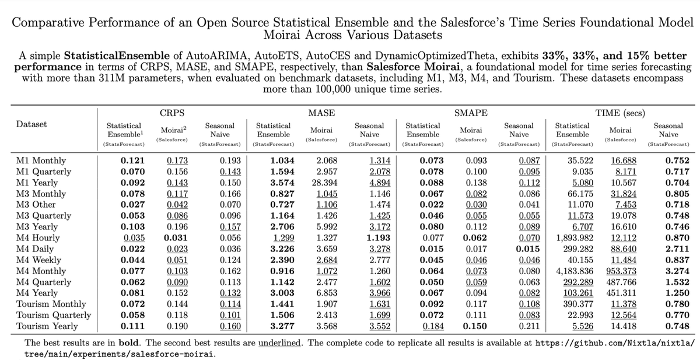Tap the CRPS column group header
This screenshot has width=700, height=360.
[168, 112]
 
